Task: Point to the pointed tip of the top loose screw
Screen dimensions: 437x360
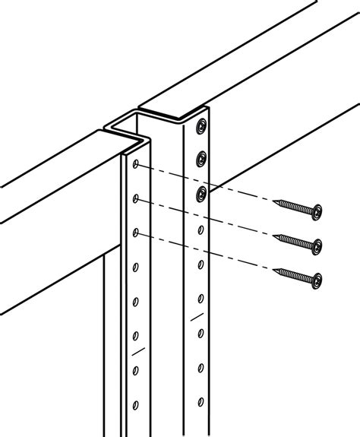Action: tap(277, 201)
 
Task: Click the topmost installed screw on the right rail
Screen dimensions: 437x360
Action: tap(201, 124)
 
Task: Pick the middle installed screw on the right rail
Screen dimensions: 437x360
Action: tap(201, 158)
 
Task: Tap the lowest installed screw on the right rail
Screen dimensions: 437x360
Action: tap(201, 192)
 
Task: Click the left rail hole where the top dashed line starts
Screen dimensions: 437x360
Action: tap(135, 164)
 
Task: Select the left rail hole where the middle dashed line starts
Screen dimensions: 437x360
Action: tap(135, 199)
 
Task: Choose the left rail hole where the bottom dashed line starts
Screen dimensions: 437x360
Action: tap(135, 232)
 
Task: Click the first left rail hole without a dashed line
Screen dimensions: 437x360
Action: tap(135, 266)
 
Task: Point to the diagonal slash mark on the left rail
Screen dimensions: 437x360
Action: tap(137, 353)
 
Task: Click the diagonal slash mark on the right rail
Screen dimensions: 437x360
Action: tap(199, 315)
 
